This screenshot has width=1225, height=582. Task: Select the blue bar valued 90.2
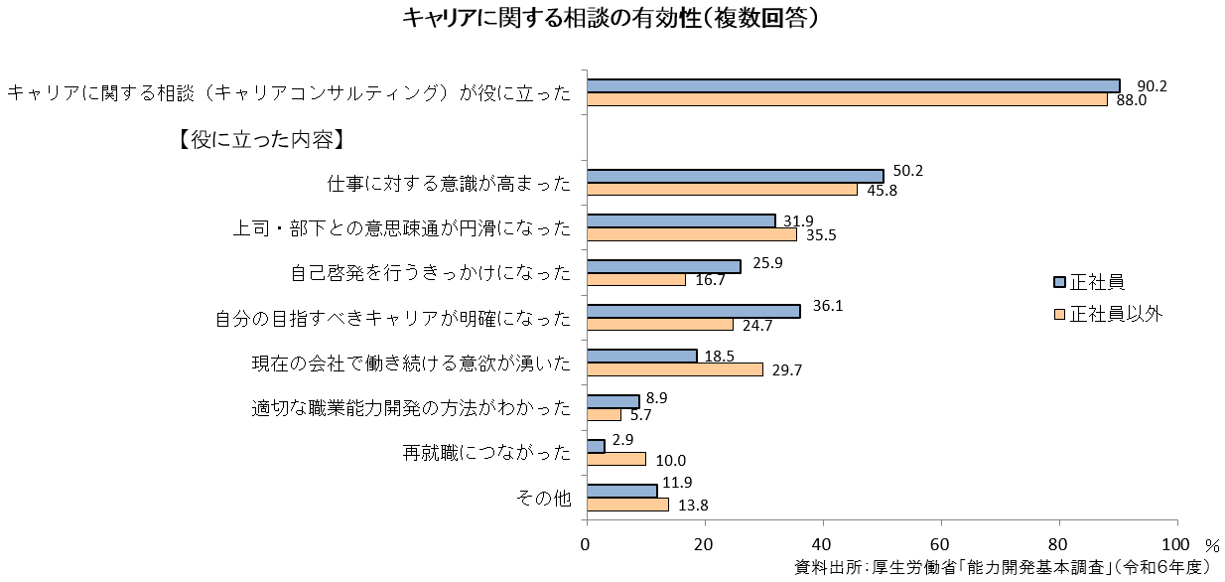pyautogui.click(x=853, y=86)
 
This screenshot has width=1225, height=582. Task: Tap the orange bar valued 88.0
pyautogui.click(x=846, y=99)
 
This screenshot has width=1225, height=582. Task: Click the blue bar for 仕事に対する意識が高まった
pyautogui.click(x=735, y=176)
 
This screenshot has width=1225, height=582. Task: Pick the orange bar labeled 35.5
pyautogui.click(x=691, y=234)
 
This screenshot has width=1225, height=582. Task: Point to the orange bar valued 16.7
pyautogui.click(x=635, y=279)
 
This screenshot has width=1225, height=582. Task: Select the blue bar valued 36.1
pyautogui.click(x=693, y=311)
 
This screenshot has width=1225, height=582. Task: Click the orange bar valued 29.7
pyautogui.click(x=674, y=369)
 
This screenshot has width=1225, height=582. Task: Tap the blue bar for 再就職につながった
pyautogui.click(x=596, y=446)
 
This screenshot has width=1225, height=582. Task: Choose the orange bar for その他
pyautogui.click(x=627, y=505)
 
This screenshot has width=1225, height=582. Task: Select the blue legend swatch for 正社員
pyautogui.click(x=1059, y=281)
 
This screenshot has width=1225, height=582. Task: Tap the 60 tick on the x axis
pyautogui.click(x=940, y=544)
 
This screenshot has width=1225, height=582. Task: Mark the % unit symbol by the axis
pyautogui.click(x=1211, y=545)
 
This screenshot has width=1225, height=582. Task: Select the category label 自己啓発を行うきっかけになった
pyautogui.click(x=432, y=272)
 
